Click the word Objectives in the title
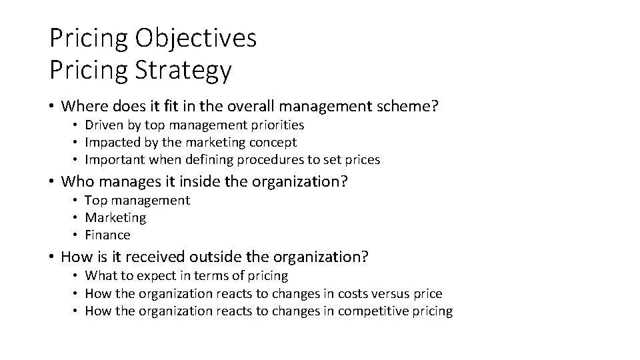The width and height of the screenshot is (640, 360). (x=195, y=38)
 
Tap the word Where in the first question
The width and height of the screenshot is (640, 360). (x=82, y=105)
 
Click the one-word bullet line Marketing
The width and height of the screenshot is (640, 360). (x=115, y=217)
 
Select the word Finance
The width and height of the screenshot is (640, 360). (x=107, y=235)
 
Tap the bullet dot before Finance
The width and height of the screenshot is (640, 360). (x=77, y=235)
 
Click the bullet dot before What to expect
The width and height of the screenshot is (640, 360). (x=77, y=276)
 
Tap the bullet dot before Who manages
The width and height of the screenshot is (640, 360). (x=52, y=182)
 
